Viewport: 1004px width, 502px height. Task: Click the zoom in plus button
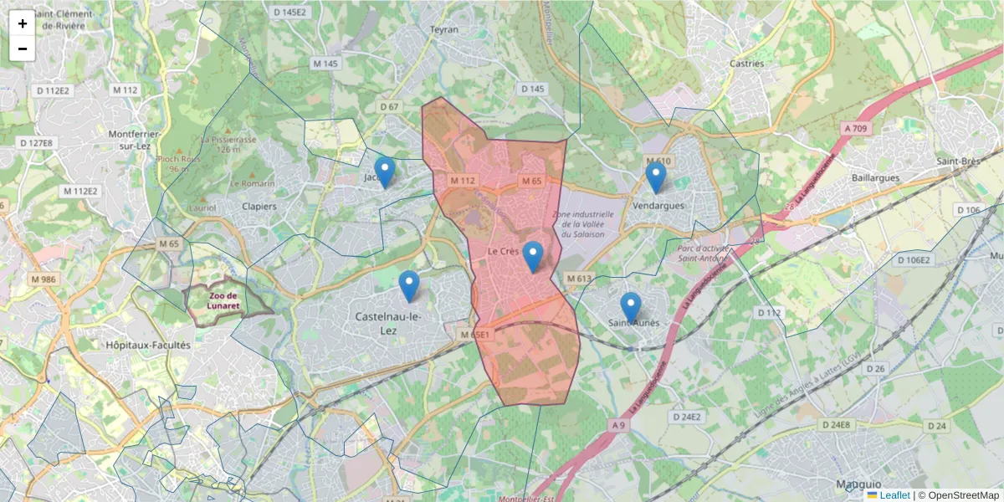(x=23, y=23)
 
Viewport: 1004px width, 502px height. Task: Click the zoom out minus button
(x=23, y=49)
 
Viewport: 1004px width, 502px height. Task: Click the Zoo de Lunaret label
(x=225, y=300)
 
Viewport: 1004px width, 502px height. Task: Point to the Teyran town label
(x=444, y=29)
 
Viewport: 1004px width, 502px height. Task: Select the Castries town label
(x=747, y=63)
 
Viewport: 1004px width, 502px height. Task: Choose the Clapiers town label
(x=259, y=206)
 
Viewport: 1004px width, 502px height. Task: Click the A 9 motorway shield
(x=618, y=426)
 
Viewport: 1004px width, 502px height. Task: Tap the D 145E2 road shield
(x=290, y=12)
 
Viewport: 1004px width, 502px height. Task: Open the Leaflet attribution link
(x=894, y=495)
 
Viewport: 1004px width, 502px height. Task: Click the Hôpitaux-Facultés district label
(x=148, y=344)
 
